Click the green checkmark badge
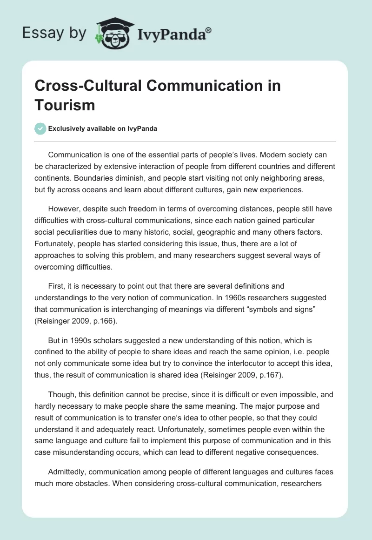point(40,128)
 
